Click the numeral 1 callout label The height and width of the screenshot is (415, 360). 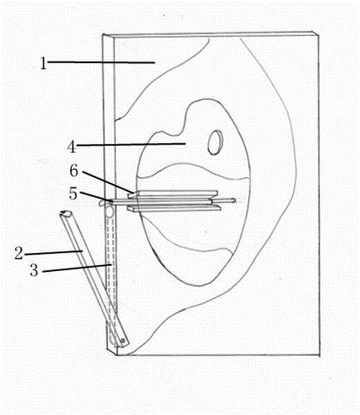pyautogui.click(x=43, y=64)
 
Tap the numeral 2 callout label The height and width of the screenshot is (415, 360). pyautogui.click(x=19, y=252)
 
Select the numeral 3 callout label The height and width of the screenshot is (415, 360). pyautogui.click(x=34, y=270)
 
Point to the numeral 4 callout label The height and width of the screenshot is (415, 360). pyautogui.click(x=72, y=147)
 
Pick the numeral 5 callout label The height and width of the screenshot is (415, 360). pyautogui.click(x=73, y=194)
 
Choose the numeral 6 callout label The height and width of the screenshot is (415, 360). pyautogui.click(x=74, y=171)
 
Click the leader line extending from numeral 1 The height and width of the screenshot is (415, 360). pyautogui.click(x=102, y=62)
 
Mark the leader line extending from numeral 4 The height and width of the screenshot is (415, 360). pyautogui.click(x=131, y=145)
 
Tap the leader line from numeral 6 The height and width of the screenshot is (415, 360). pyautogui.click(x=108, y=183)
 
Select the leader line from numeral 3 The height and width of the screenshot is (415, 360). pyautogui.click(x=77, y=268)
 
